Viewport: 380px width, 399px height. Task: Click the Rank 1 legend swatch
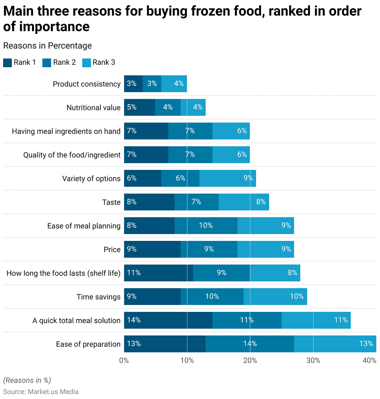click(7, 62)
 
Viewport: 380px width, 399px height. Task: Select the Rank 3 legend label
click(103, 62)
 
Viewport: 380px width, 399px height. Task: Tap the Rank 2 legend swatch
click(47, 62)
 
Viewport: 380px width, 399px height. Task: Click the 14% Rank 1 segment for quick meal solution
click(168, 320)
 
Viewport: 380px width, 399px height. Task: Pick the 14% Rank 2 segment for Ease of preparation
click(250, 344)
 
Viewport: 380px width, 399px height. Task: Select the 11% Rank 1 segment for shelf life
click(158, 273)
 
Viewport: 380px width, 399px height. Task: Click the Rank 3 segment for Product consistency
click(174, 84)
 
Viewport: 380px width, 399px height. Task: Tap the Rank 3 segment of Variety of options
click(228, 178)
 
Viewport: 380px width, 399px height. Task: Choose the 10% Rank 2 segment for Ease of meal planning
click(206, 226)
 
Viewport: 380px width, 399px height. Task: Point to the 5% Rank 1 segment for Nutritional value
click(139, 107)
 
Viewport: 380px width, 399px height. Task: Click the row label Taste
click(111, 202)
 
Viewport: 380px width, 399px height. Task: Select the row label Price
click(112, 249)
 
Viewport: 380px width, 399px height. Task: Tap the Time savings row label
click(98, 297)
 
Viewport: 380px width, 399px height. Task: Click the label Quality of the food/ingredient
click(72, 155)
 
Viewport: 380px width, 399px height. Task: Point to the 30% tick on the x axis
click(313, 360)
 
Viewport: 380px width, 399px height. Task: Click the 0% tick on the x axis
click(124, 360)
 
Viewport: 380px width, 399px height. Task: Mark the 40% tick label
click(369, 360)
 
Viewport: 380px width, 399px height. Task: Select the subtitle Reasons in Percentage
click(47, 46)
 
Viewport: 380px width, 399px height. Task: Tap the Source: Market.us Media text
click(41, 392)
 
